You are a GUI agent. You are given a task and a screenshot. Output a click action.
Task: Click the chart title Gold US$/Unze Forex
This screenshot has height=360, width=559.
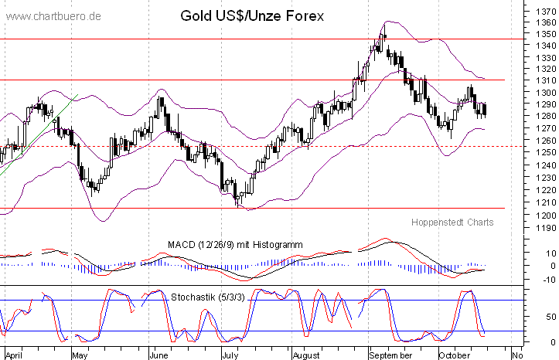pyautogui.click(x=252, y=15)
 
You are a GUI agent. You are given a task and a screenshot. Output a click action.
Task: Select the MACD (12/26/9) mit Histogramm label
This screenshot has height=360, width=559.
pyautogui.click(x=235, y=245)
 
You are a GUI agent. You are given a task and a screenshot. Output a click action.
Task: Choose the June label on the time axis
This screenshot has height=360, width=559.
pyautogui.click(x=158, y=356)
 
